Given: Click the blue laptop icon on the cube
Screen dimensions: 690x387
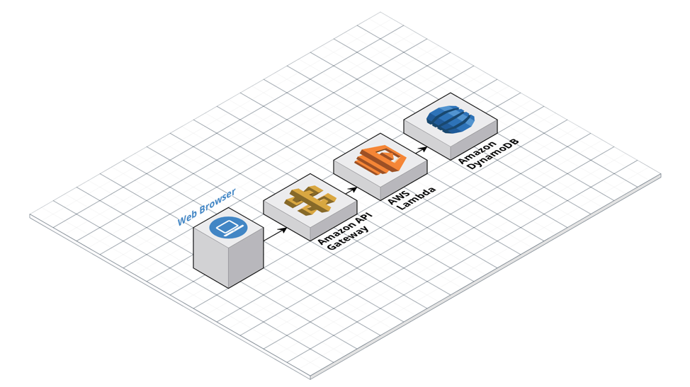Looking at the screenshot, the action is click(x=228, y=228).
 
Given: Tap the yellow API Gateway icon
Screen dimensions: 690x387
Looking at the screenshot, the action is click(x=310, y=201).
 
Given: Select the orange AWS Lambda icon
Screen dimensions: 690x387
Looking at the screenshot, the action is click(x=380, y=159).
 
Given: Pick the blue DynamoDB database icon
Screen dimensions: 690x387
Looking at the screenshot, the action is click(x=451, y=119).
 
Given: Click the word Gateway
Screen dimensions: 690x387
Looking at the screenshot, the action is click(x=348, y=239).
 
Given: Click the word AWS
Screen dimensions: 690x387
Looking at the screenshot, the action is click(x=399, y=197).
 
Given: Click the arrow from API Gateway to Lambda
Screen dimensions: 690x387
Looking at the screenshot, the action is click(x=351, y=190).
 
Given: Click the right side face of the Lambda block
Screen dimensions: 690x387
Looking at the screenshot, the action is click(x=404, y=180).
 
